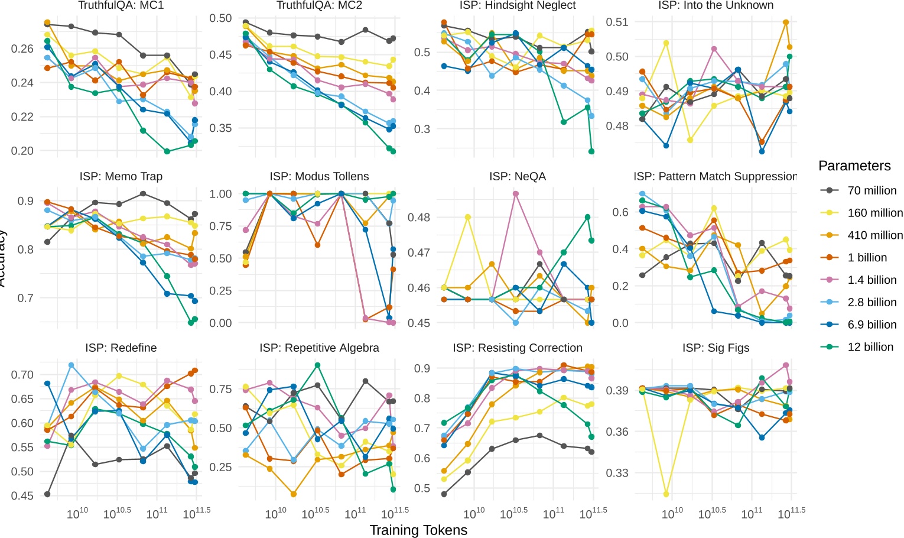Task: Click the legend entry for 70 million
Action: coord(872,190)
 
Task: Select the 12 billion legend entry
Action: coord(870,347)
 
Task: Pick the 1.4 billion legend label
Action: coord(872,280)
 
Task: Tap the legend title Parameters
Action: coord(854,166)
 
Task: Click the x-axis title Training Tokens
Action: coord(418,530)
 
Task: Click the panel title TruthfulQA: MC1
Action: coord(121,5)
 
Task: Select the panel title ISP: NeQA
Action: coord(517,176)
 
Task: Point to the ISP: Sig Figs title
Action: coord(716,348)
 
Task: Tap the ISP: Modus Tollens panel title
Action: coord(319,176)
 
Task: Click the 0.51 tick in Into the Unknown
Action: coord(617,22)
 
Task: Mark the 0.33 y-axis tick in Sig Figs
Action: coord(617,472)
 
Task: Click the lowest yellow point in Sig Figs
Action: coord(666,494)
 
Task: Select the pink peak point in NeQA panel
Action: coord(516,194)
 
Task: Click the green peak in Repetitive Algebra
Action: coord(317,365)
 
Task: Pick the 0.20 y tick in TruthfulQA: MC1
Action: coord(22,151)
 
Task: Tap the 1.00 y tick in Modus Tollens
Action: coord(220,194)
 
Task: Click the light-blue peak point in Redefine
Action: coord(71,365)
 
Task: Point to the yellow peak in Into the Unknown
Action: coord(666,43)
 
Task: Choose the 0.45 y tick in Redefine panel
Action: coord(22,495)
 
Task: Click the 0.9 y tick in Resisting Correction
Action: coord(421,368)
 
